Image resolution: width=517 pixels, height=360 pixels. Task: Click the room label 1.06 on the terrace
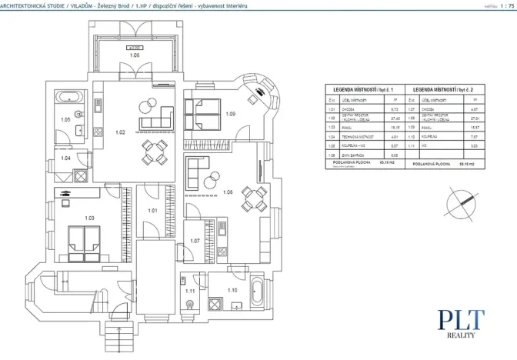click(x=134, y=56)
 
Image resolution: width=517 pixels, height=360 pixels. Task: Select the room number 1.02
click(x=120, y=132)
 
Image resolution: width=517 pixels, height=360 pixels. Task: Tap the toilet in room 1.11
click(x=189, y=304)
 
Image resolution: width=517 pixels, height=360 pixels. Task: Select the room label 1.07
click(x=195, y=241)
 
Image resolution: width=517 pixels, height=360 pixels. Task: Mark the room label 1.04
click(x=66, y=158)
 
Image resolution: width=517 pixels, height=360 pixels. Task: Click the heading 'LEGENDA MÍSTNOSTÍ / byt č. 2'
click(x=445, y=89)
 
